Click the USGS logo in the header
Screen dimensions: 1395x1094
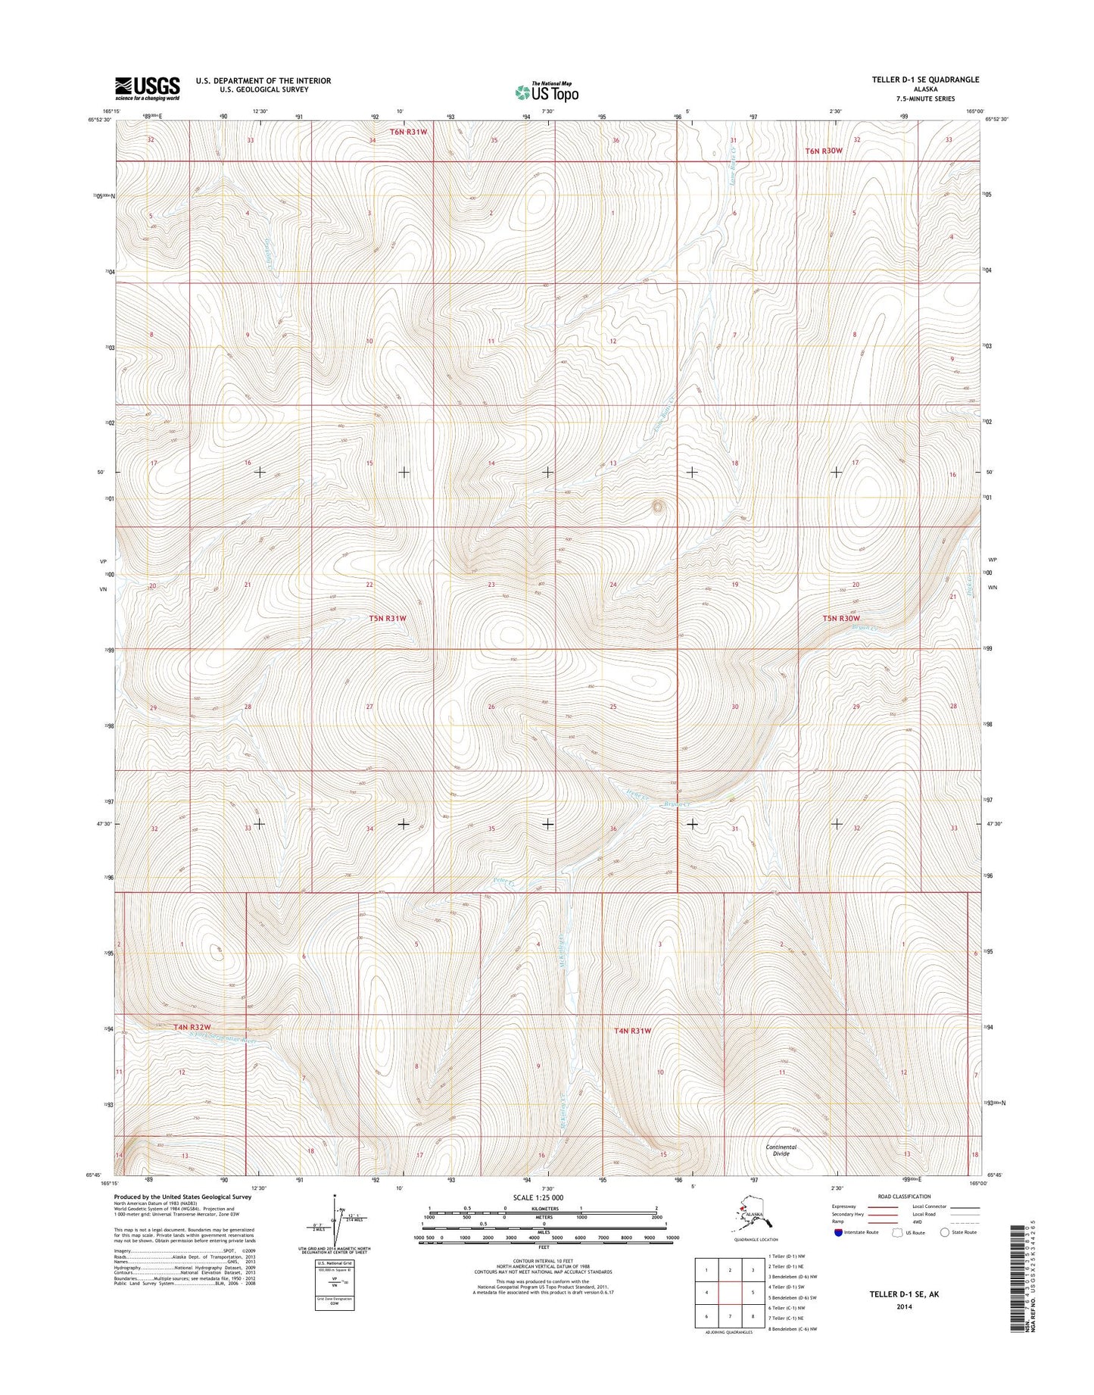click(x=148, y=88)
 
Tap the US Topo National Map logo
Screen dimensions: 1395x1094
click(x=547, y=92)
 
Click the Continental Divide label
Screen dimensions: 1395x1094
click(x=781, y=1150)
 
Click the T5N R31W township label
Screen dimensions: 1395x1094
click(x=388, y=618)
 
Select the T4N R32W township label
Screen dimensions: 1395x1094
click(x=192, y=1027)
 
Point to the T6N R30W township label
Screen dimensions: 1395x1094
click(x=823, y=151)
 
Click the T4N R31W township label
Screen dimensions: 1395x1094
click(x=632, y=1031)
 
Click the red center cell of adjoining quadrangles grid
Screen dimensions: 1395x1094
click(x=729, y=1292)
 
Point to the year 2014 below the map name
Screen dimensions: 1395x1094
click(x=904, y=1306)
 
